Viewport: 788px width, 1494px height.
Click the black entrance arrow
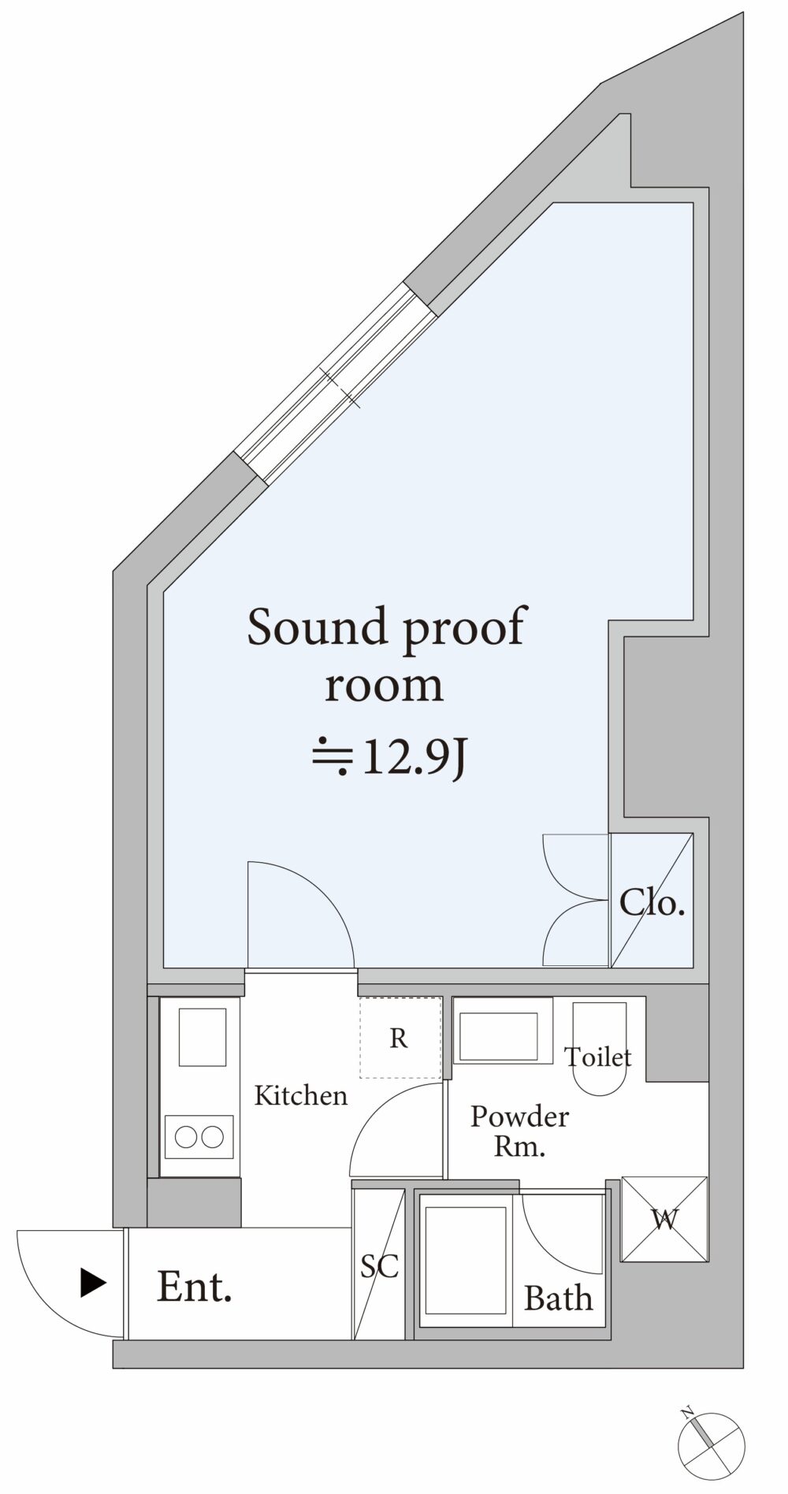tap(93, 1283)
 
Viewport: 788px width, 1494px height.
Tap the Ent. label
tap(195, 1287)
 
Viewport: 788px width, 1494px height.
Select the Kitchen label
tap(301, 1095)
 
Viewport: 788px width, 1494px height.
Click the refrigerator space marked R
tap(400, 1038)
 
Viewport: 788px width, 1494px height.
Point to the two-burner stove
tap(199, 1137)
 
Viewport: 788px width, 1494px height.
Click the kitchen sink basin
tap(203, 1037)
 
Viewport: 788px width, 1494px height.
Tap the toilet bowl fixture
tap(599, 1048)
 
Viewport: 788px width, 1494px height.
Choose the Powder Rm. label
tap(519, 1131)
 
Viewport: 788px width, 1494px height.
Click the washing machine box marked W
tap(664, 1219)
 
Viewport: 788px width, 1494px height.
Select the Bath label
tap(559, 1298)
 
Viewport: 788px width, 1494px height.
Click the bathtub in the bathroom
tap(465, 1260)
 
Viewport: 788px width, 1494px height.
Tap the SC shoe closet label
tap(379, 1265)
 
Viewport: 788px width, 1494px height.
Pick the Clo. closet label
tap(652, 902)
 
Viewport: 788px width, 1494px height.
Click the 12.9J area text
tap(390, 757)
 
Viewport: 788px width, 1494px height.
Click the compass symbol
tap(711, 1446)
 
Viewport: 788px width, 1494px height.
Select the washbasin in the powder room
tap(498, 1037)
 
